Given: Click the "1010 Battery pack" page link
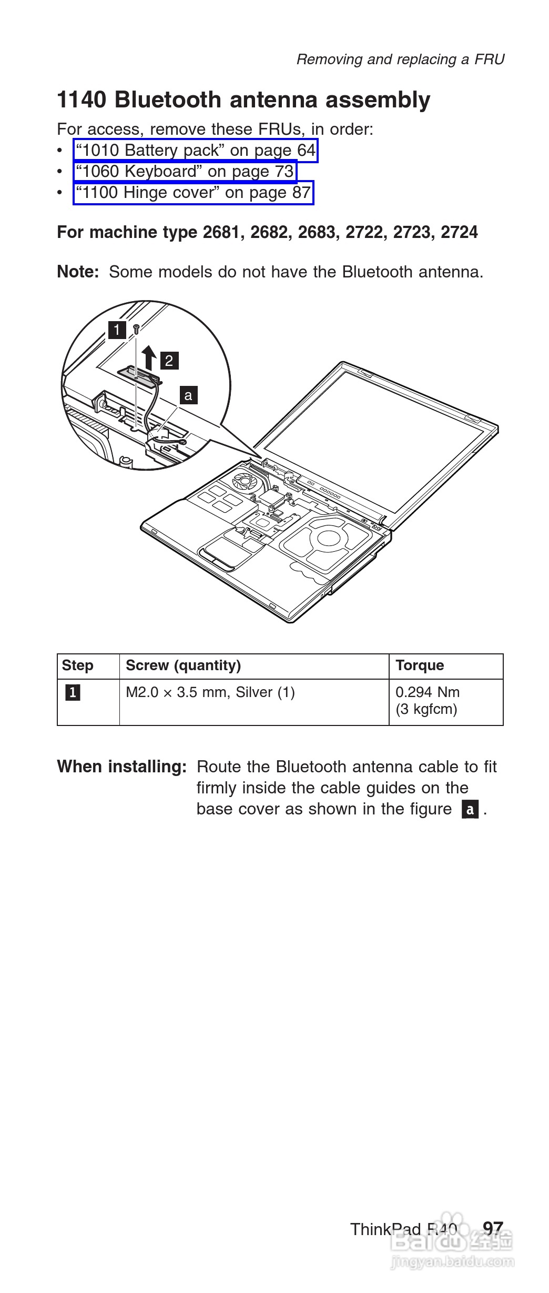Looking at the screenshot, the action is pyautogui.click(x=196, y=151).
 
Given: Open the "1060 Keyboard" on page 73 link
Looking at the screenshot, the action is pyautogui.click(x=185, y=172).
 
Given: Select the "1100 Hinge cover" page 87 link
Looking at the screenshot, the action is pyautogui.click(x=193, y=193).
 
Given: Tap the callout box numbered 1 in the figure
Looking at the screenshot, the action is pyautogui.click(x=117, y=331).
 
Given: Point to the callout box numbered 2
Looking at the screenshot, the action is pyautogui.click(x=169, y=361).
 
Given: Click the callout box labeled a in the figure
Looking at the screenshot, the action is pyautogui.click(x=188, y=395).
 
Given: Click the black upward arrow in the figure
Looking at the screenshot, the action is pyautogui.click(x=150, y=357).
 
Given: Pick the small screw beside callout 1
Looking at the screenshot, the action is pyautogui.click(x=136, y=329).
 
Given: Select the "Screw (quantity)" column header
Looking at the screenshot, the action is pyautogui.click(x=183, y=665).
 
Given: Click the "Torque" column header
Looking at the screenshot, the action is pyautogui.click(x=420, y=665).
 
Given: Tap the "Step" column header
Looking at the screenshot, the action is pyautogui.click(x=77, y=665).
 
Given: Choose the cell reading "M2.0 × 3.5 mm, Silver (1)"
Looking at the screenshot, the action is pyautogui.click(x=210, y=692).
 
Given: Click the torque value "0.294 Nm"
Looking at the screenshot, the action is pyautogui.click(x=428, y=692).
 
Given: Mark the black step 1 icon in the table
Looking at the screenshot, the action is pyautogui.click(x=73, y=693).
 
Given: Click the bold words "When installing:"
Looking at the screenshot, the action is pyautogui.click(x=122, y=767).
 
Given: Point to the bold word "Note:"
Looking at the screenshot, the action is pyautogui.click(x=78, y=272).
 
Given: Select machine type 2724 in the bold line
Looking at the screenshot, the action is pyautogui.click(x=460, y=232).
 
